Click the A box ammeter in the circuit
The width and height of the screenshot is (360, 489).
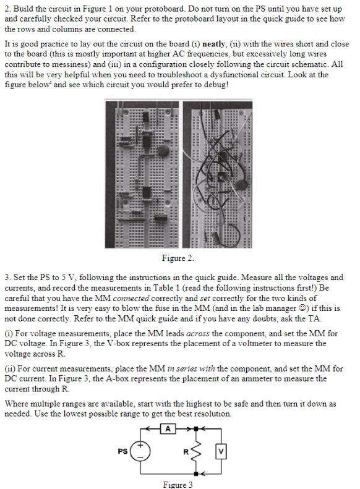click(166, 427)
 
